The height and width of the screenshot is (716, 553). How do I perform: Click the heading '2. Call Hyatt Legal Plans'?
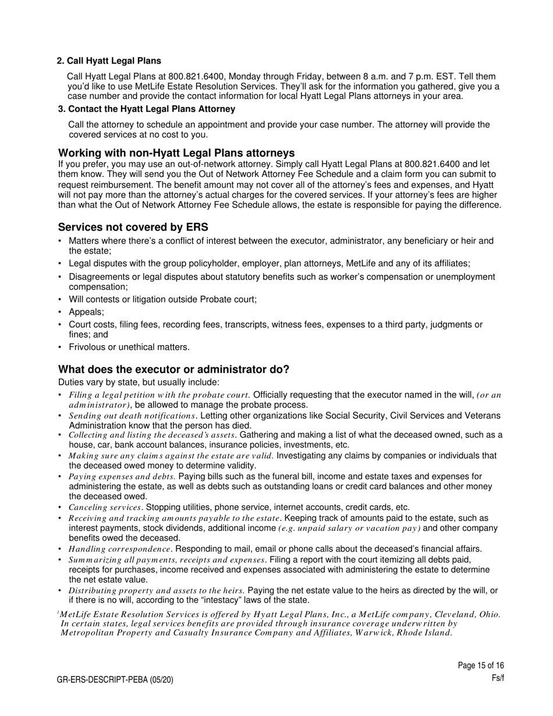(109, 61)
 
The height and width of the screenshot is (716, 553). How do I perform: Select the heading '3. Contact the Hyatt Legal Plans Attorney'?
(147, 109)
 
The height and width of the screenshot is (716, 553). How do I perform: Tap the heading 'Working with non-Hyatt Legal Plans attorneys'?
(176, 153)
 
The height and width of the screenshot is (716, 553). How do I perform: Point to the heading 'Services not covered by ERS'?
(133, 227)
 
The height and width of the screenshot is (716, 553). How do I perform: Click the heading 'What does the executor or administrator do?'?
(173, 370)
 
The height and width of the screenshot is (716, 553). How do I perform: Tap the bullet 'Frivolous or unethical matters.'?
(129, 347)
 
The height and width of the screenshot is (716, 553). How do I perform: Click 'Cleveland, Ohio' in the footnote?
(467, 614)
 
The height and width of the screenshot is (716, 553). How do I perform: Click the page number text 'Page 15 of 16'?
(481, 665)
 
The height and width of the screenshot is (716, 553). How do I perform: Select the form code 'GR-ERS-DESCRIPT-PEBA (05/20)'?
(115, 679)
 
